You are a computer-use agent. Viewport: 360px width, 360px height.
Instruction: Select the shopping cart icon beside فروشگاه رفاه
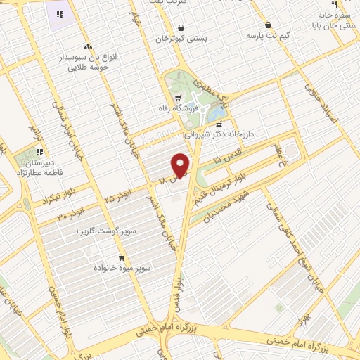[x=177, y=98]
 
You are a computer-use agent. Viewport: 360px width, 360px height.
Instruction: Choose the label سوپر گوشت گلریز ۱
[x=107, y=230]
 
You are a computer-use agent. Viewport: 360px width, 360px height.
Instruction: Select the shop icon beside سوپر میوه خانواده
[x=122, y=258]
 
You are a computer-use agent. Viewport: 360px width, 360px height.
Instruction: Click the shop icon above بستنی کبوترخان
[x=181, y=27]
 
